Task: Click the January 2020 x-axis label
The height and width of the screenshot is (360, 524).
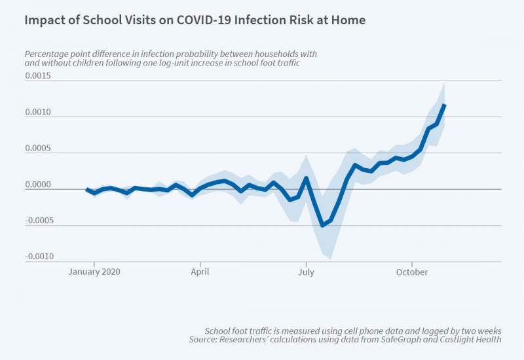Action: (x=95, y=272)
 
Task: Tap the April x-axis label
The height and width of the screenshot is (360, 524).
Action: (x=200, y=272)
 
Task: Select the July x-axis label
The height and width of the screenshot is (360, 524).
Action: (x=306, y=272)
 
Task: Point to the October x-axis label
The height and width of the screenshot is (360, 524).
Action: (x=411, y=272)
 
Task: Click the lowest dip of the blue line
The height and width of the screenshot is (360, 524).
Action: (x=322, y=225)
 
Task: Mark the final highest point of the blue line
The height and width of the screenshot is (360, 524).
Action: (x=445, y=105)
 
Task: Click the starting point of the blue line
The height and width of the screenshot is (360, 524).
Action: (x=87, y=189)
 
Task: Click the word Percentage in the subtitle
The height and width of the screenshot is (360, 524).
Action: (x=47, y=54)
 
